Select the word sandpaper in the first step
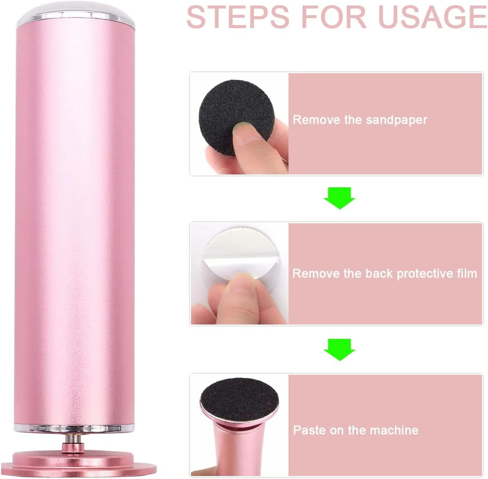397,120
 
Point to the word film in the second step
466,274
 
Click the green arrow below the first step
339,198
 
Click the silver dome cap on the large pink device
76,14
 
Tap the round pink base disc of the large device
79,465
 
